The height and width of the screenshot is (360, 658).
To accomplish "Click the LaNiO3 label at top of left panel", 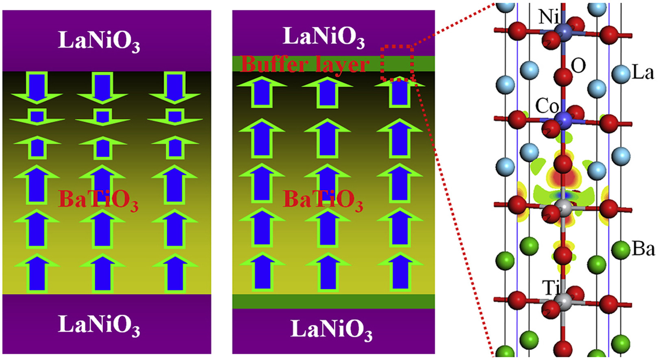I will point(99,41).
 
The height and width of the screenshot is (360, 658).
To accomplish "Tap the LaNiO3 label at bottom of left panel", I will point(99,325).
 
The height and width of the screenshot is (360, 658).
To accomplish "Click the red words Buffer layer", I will point(305,64).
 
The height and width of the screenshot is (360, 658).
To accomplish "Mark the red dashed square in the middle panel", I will point(397,63).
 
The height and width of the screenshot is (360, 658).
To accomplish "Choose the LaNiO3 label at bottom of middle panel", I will point(331,330).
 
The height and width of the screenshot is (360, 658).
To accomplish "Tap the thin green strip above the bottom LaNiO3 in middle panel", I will point(333,301).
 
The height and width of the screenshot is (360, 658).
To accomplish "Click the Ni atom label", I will point(548,17).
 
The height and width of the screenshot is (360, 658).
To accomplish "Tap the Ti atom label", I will point(551,288).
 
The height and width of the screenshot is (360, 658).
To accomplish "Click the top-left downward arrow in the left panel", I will point(37,87).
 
